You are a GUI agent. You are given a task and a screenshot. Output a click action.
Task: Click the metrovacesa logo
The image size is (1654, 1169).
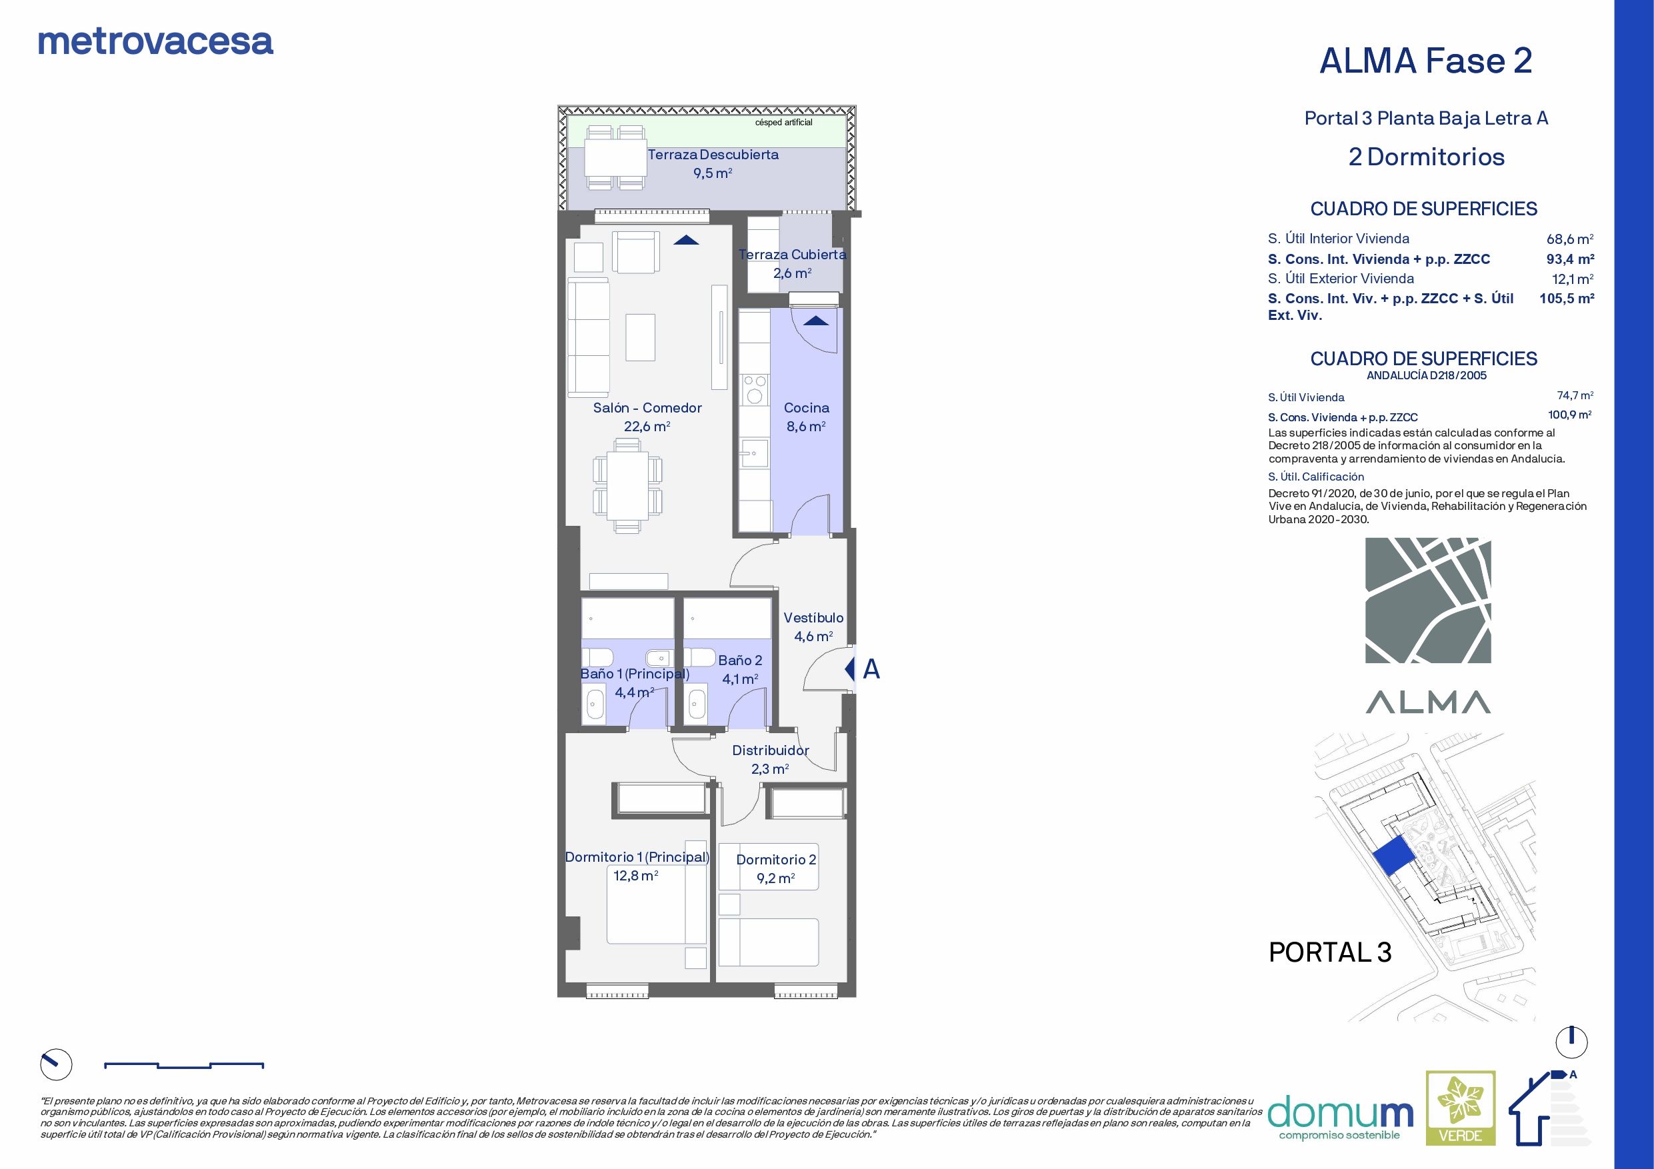click(155, 42)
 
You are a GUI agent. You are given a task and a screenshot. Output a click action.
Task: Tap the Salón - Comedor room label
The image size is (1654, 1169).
click(647, 409)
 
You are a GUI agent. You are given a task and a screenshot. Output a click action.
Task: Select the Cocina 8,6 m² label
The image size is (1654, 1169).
click(806, 417)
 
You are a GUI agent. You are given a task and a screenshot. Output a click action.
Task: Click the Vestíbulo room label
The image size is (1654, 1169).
click(813, 618)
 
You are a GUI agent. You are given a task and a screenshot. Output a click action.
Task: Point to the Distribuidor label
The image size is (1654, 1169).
click(770, 750)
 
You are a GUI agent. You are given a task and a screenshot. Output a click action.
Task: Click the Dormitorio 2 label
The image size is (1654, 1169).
click(776, 860)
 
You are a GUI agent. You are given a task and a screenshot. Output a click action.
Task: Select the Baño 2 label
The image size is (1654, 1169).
click(740, 660)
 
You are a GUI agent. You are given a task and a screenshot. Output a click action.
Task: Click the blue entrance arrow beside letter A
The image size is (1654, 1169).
click(849, 669)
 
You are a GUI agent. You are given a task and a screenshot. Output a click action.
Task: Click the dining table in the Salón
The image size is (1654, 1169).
click(627, 485)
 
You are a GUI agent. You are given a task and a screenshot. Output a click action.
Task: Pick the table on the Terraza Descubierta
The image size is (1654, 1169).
click(615, 158)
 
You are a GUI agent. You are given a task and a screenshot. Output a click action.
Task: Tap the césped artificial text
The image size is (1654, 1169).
click(783, 123)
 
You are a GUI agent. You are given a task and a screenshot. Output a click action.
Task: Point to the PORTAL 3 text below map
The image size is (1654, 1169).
click(1330, 952)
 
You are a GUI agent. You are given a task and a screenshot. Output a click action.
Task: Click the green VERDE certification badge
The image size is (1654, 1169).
click(1460, 1117)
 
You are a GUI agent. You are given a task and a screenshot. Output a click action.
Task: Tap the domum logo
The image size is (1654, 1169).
click(1340, 1116)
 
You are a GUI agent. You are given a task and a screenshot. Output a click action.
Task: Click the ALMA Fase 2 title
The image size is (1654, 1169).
click(1425, 61)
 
